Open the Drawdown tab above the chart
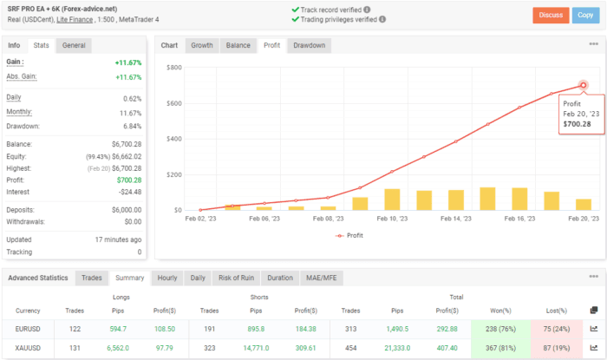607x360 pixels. point(310,45)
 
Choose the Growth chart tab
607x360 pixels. point(201,45)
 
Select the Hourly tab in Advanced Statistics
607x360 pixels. point(166,278)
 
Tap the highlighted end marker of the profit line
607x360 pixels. point(583,85)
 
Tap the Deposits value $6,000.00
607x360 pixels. point(122,209)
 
